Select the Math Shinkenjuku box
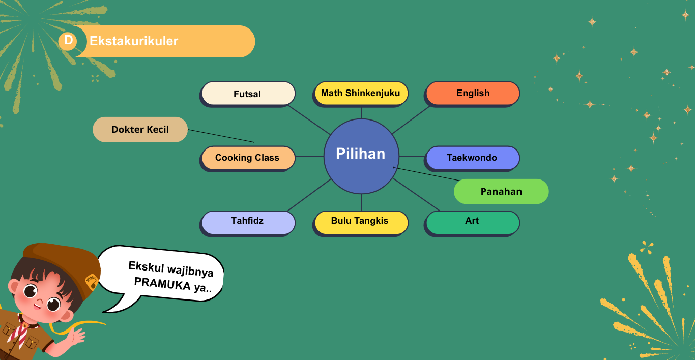[361, 93]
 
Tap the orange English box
[473, 93]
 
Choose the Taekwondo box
[472, 158]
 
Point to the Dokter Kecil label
[140, 129]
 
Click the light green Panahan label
[501, 192]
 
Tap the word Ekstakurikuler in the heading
[134, 41]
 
